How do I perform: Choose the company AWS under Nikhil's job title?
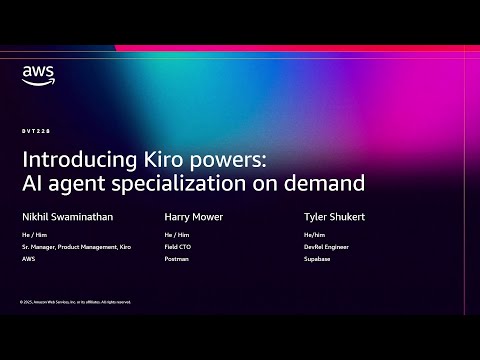click(28, 258)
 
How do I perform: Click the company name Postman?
click(176, 258)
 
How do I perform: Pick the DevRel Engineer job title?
click(324, 246)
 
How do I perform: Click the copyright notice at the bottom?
click(74, 301)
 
